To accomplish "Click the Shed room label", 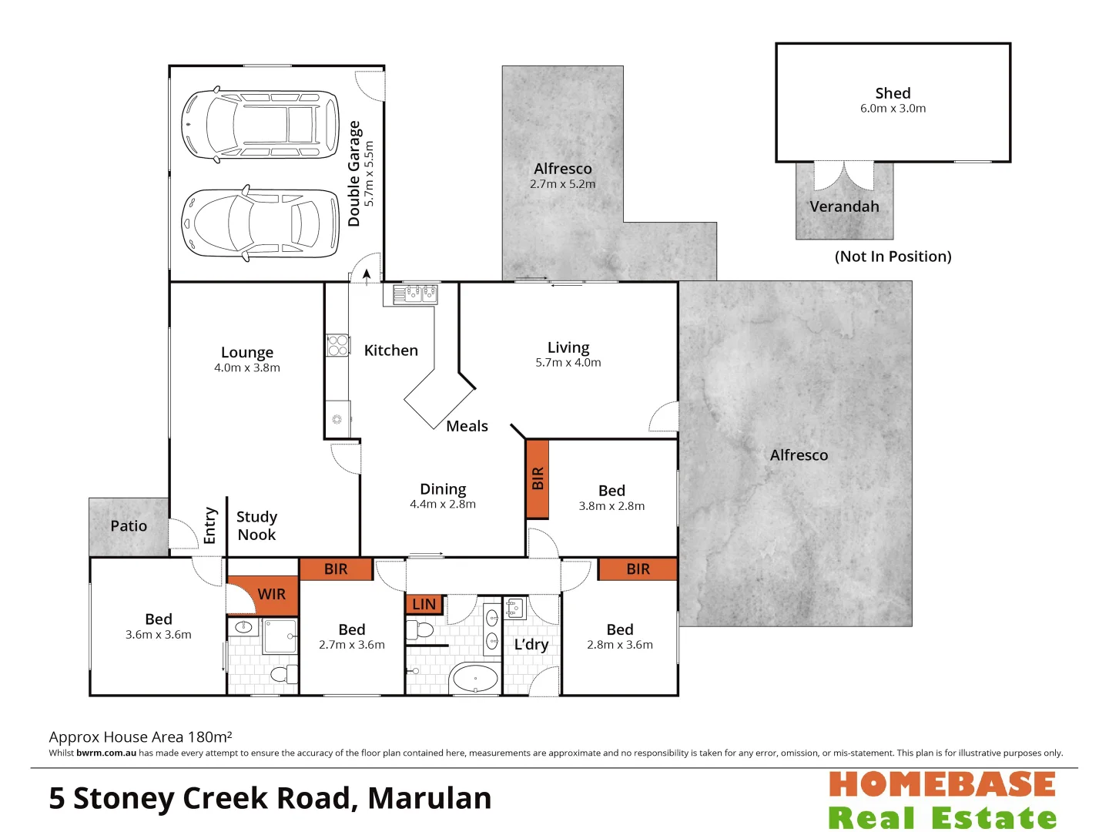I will (893, 93).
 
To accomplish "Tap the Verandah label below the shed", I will (844, 206).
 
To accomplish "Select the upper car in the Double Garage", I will (260, 125).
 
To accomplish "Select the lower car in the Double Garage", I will (260, 223).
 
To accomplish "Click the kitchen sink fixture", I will (415, 294).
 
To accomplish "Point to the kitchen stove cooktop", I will (337, 344).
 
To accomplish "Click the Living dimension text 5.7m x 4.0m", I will (568, 363).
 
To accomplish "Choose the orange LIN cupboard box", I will (424, 605).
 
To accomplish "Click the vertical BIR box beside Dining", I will (538, 478).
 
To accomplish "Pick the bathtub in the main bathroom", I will (474, 679).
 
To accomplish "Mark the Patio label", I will (129, 526).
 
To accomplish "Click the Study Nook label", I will (256, 525).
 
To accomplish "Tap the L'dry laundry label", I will (531, 645).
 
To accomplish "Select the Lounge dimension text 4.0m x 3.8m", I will (247, 368).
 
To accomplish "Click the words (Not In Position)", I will (893, 257).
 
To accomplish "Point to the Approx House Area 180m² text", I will (140, 737).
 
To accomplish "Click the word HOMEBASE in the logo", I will (942, 785).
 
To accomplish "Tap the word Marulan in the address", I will (430, 799).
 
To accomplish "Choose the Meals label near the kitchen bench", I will (467, 426).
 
